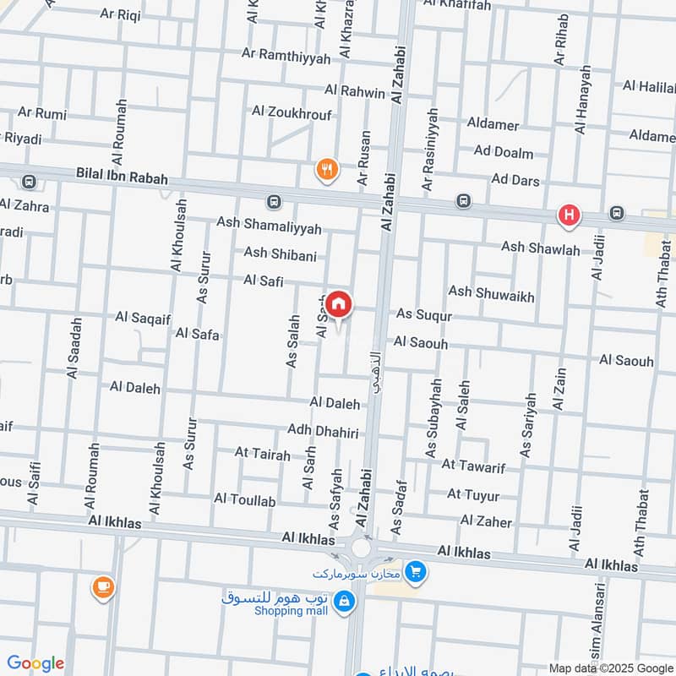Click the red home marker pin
coord(339,304)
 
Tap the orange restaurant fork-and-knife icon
coord(327,169)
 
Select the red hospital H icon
coord(569,216)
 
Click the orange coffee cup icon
coord(103,586)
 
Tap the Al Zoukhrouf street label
coord(292,112)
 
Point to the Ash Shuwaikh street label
coord(491,292)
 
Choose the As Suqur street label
coord(424,315)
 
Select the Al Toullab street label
coord(245,501)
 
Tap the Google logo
coord(35,663)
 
